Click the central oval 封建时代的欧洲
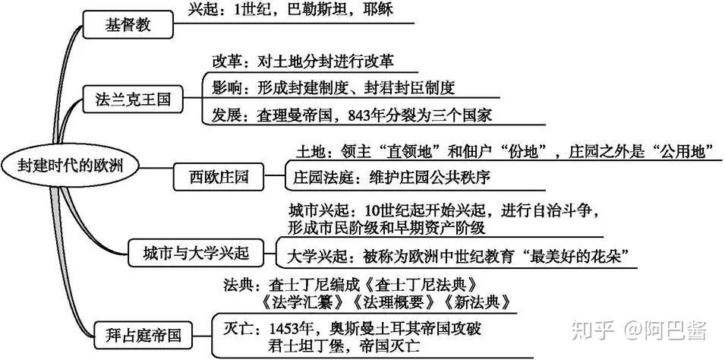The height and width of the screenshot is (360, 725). [71, 166]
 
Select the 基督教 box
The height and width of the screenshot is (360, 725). [128, 24]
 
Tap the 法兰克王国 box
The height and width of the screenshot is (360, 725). [133, 99]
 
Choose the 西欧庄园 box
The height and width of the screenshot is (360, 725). [219, 176]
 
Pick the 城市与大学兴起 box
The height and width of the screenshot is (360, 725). [202, 253]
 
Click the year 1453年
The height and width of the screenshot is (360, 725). [289, 329]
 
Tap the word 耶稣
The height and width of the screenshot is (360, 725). [378, 9]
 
